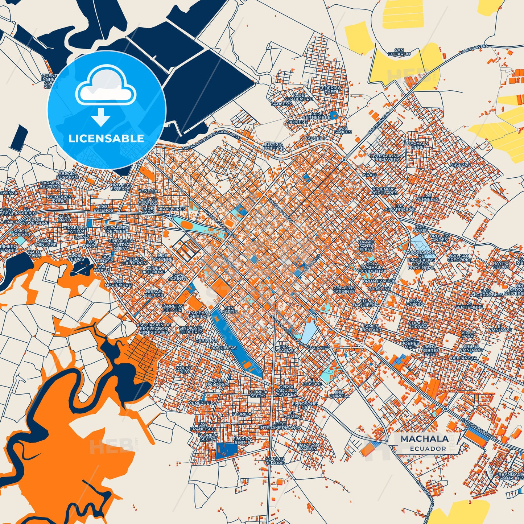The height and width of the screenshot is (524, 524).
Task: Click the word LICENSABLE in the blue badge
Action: (106, 139)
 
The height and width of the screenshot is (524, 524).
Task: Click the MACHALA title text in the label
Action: (424, 439)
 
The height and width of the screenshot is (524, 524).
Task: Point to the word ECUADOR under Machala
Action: (428, 449)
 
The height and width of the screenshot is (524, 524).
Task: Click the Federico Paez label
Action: (330, 90)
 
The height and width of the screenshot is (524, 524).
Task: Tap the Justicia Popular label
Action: (273, 147)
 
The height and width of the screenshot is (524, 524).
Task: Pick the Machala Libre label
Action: (417, 145)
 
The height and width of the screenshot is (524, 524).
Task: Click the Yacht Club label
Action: (34, 253)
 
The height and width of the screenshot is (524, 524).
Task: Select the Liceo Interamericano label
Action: (279, 425)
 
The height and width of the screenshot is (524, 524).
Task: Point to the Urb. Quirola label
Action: (339, 394)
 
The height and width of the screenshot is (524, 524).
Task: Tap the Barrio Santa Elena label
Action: (366, 246)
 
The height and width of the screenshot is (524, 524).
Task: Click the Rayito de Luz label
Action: (501, 265)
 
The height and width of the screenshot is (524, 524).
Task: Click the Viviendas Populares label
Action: (384, 191)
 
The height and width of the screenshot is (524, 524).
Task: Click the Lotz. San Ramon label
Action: (309, 447)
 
